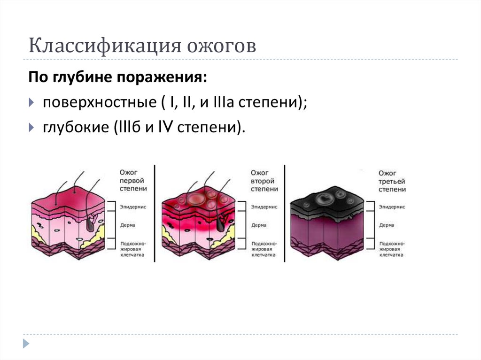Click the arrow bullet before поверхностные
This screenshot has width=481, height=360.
click(32, 102)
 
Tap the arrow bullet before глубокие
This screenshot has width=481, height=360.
click(32, 127)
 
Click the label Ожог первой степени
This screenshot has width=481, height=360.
click(132, 180)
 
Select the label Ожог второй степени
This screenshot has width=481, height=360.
click(263, 180)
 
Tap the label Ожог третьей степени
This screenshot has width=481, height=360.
click(392, 181)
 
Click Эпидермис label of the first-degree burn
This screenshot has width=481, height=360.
click(133, 207)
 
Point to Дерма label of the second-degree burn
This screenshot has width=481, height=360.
click(259, 225)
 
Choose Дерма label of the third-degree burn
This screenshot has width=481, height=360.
click(387, 225)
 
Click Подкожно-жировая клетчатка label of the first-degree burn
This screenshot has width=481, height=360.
click(132, 250)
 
